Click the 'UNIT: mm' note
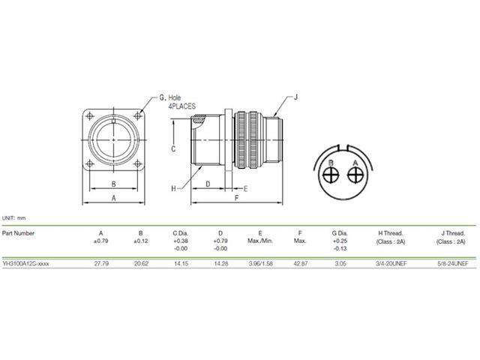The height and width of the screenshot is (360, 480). coord(14,218)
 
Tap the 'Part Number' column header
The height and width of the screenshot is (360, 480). coord(19,232)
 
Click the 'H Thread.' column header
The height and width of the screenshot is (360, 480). coord(391,232)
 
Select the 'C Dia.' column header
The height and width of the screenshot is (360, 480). coord(180,232)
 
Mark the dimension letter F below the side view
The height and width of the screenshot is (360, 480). coord(236,199)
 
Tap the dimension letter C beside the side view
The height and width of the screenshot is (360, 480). coord(172,149)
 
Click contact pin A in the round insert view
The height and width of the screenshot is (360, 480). coord(353,175)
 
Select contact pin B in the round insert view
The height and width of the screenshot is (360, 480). coord(331,175)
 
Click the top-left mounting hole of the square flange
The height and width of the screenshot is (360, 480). coord(91,115)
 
